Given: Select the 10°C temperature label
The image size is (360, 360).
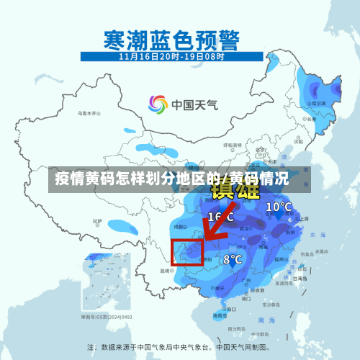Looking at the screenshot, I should (x=279, y=207).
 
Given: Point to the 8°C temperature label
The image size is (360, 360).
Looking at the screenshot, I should (x=232, y=259).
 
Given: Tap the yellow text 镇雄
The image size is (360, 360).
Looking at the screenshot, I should (x=235, y=190).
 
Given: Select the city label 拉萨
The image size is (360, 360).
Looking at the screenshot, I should (x=96, y=221).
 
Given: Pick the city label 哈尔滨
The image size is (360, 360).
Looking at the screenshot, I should (x=314, y=104).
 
